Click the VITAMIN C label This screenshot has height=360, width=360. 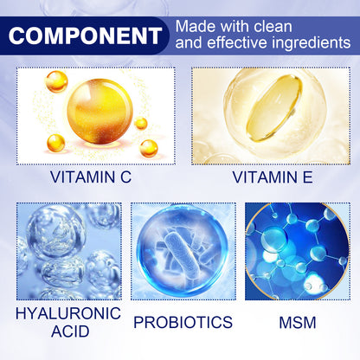point(90,179)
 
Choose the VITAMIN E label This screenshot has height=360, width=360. point(270,179)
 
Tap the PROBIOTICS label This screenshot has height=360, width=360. point(183,322)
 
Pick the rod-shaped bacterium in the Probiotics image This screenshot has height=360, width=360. point(183,250)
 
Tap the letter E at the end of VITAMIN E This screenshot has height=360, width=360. point(306,179)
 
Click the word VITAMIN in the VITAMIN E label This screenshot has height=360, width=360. point(260,179)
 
